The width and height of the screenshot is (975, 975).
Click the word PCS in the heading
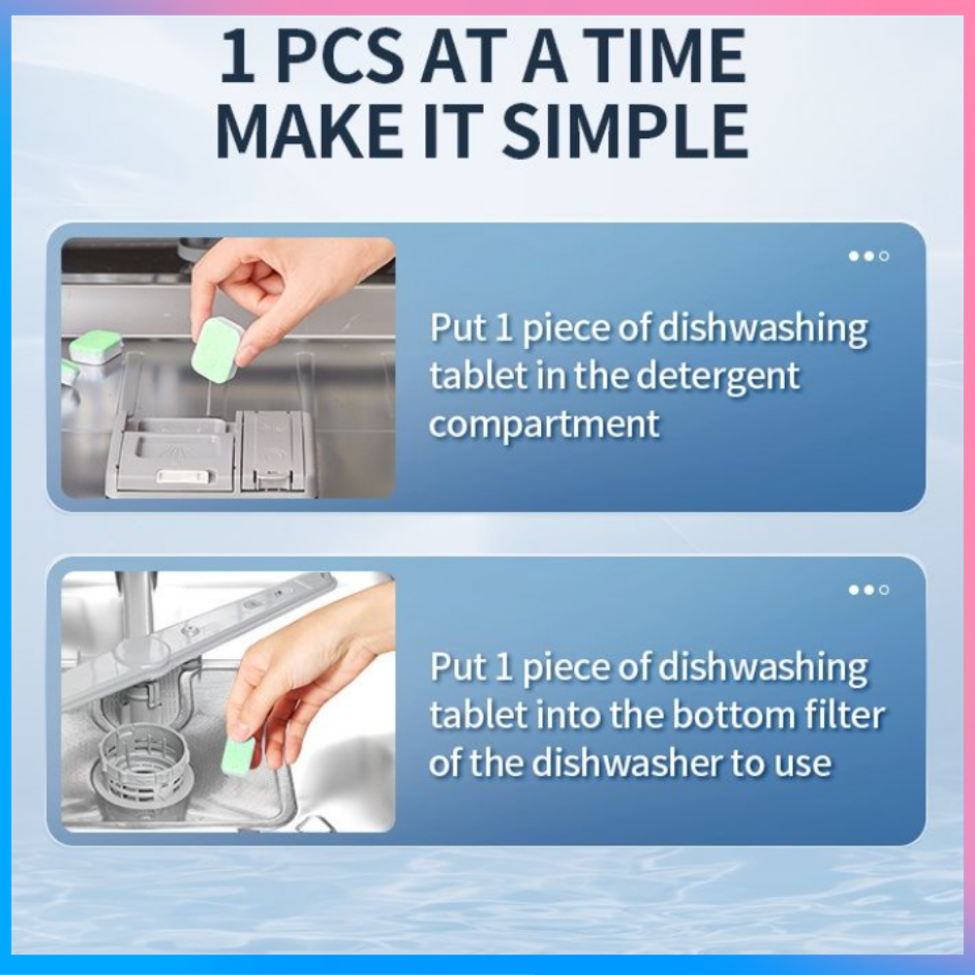coord(339,57)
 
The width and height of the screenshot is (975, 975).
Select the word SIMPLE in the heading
coord(625,132)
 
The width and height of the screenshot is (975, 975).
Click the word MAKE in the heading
coord(308,132)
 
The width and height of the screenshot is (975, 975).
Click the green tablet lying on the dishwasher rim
coord(97,348)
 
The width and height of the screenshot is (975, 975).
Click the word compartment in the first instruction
coord(544,424)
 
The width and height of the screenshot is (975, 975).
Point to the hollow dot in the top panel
coord(884,256)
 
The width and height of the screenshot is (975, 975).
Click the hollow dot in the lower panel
coord(884,590)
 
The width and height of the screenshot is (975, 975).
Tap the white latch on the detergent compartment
coord(184,476)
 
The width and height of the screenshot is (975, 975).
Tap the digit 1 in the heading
coord(239,57)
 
